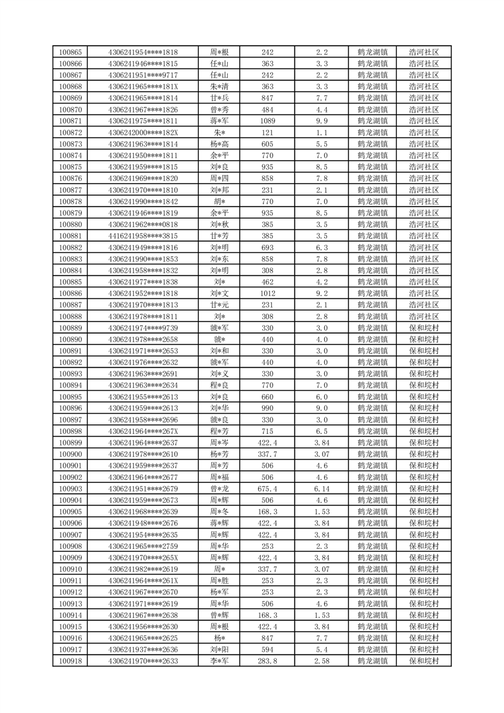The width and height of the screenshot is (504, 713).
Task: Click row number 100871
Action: pos(70,121)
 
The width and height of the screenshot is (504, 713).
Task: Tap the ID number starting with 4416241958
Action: pos(143,236)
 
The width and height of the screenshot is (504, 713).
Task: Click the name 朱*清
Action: pos(220,86)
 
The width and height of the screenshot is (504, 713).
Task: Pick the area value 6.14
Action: pos(321,489)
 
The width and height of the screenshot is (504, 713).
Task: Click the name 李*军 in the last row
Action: pos(220,661)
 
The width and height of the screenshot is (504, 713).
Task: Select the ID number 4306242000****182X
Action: pos(143,132)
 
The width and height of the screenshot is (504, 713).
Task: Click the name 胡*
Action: pos(220,201)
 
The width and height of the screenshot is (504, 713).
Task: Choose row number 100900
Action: pos(70,454)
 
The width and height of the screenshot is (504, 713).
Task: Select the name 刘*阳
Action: pos(220,649)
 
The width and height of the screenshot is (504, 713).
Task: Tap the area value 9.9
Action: pos(321,121)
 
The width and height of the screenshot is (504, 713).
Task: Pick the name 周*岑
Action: pos(220,442)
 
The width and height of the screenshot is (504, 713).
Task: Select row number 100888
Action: pos(70,316)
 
